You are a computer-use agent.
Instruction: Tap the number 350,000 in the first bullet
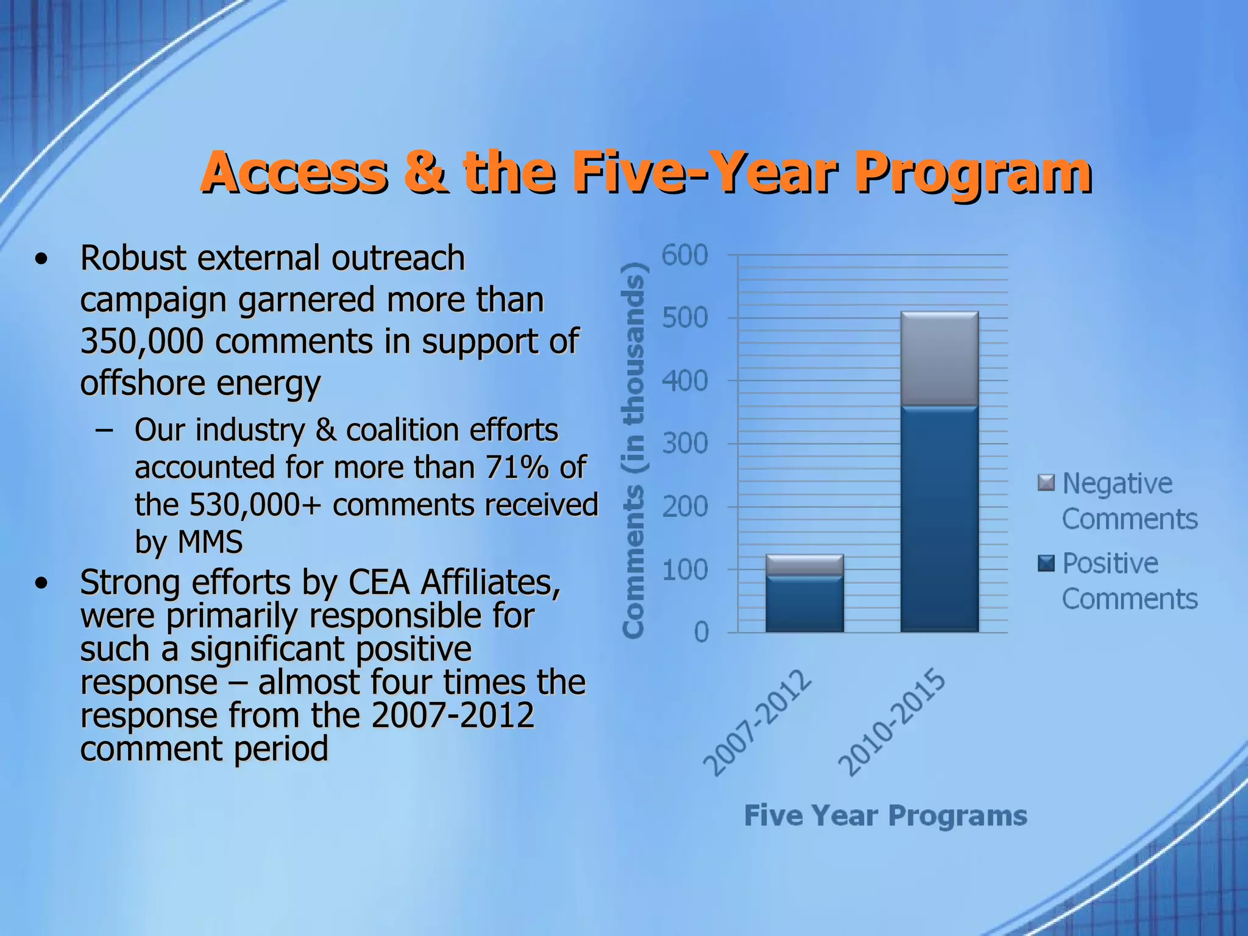pos(141,341)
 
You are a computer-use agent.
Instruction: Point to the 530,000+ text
pos(255,505)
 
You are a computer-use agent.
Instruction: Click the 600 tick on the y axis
pos(684,255)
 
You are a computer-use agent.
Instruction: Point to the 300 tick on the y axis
pos(684,444)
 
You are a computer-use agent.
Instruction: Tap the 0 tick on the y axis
pos(701,633)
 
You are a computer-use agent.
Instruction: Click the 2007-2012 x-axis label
pos(758,723)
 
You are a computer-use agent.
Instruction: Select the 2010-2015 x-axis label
pos(892,723)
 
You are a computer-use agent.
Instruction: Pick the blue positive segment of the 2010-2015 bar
pos(939,518)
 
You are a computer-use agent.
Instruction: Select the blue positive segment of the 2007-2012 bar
pos(804,603)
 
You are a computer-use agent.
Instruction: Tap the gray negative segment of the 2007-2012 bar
pos(804,564)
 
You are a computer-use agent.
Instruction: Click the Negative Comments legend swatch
pos(1046,483)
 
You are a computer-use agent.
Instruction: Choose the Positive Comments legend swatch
pos(1046,563)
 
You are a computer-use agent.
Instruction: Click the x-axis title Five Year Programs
pos(885,815)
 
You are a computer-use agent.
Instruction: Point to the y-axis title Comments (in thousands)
pos(634,451)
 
